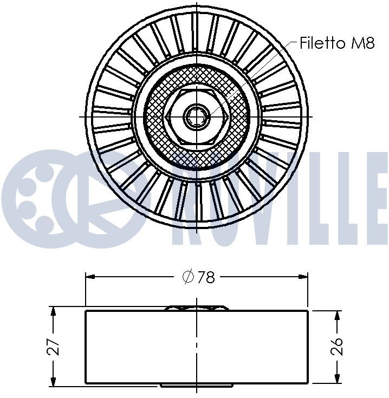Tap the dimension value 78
tap(206, 277)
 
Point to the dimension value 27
tap(53, 347)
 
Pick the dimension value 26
tap(336, 346)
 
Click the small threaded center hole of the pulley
tap(197, 117)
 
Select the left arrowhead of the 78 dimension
tap(90, 277)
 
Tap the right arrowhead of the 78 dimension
tap(303, 277)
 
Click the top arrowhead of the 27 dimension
tap(53, 311)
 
